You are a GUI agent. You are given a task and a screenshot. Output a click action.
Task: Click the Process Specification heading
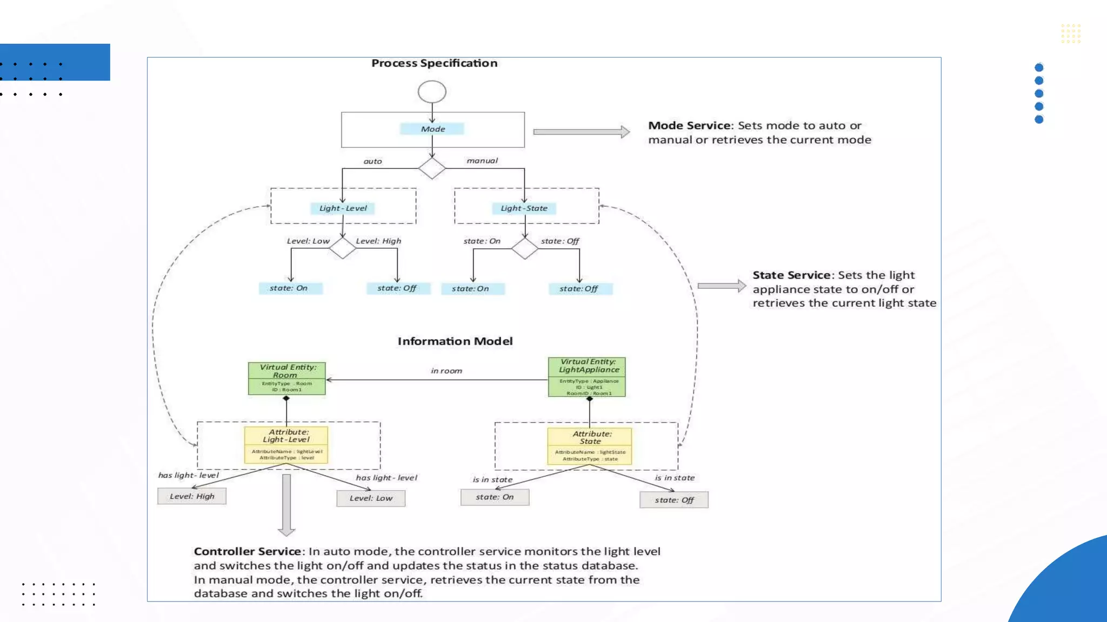(x=434, y=63)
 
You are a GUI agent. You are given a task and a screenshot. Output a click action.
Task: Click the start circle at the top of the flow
(x=432, y=92)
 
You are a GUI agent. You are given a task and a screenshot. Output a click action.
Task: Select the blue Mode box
(x=432, y=129)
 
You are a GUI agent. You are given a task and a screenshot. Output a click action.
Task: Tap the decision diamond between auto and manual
(x=432, y=168)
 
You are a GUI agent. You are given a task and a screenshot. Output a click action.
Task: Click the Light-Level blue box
(x=343, y=208)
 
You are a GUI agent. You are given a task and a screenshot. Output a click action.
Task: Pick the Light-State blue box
(x=524, y=208)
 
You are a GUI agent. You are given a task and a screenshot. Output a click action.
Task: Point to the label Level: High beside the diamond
(x=378, y=241)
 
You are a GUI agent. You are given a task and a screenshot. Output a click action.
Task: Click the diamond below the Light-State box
(x=524, y=248)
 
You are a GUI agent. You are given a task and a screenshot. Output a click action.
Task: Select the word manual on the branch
(x=482, y=161)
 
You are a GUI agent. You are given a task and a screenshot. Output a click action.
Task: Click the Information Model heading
(x=455, y=341)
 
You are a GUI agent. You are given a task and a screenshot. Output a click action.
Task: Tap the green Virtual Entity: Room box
(x=286, y=378)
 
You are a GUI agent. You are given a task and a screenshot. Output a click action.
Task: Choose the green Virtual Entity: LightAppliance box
(x=587, y=376)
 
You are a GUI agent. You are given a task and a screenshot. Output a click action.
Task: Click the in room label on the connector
(x=446, y=371)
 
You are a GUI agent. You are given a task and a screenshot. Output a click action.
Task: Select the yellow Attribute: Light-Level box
(x=286, y=445)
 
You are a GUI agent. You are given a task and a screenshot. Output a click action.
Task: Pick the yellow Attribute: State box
(x=589, y=446)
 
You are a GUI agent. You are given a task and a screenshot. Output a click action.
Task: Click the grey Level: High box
(x=192, y=496)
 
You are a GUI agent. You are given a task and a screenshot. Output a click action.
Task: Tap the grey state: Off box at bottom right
(x=673, y=500)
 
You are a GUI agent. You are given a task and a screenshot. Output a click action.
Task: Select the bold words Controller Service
(x=247, y=551)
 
